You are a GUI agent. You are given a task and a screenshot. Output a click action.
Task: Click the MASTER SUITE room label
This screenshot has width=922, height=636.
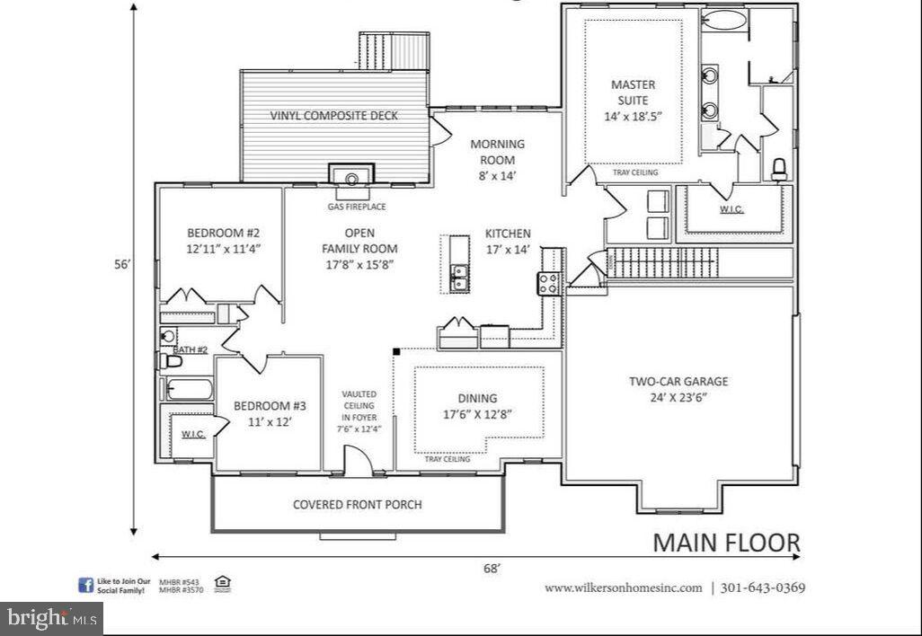pos(633,93)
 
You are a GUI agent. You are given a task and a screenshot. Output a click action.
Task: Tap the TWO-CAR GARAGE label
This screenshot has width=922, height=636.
pos(678,381)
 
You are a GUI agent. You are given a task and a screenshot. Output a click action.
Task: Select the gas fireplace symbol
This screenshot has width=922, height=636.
pos(351,176)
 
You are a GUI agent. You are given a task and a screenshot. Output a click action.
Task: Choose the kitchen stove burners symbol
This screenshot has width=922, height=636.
pos(549,283)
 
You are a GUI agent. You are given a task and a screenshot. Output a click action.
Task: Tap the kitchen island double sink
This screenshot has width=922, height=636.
pos(458,278)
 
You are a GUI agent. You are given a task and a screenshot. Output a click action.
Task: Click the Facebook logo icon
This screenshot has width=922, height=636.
pos(86,586)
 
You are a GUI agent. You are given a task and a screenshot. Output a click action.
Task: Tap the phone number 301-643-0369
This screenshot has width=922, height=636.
pos(763,587)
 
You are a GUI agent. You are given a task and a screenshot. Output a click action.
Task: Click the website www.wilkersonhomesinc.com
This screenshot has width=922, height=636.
pos(623,587)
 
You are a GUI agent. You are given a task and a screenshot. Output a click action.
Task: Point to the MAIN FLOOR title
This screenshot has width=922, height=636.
pos(725,543)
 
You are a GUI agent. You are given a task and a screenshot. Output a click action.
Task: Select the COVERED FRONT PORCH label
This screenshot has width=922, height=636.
pos(357,504)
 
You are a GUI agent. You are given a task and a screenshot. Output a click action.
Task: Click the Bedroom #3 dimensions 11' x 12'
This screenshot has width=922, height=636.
pos(263,420)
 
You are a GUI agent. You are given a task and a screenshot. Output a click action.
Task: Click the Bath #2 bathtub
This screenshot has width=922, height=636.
pos(189,390)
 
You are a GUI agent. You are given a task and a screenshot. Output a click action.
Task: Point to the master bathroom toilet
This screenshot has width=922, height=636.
pos(779,168)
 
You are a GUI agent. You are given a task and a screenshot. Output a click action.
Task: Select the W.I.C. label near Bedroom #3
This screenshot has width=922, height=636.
pos(193,434)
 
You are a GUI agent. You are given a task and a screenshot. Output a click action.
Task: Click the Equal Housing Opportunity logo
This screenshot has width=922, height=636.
pos(222,585)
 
